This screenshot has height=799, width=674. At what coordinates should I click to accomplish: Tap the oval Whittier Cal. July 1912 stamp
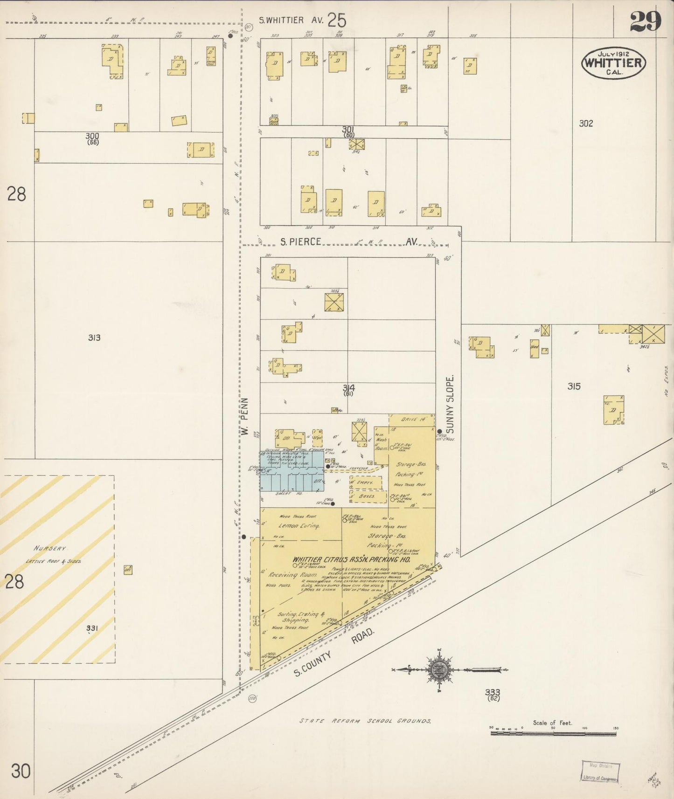(x=613, y=63)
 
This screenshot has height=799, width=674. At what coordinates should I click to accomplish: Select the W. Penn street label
(x=245, y=417)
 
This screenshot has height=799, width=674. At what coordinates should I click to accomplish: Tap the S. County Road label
(x=333, y=653)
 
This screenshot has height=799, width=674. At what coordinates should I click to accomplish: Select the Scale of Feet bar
(x=553, y=733)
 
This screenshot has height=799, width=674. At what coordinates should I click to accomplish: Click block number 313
(x=94, y=337)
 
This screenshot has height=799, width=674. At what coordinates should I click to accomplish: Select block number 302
(x=586, y=123)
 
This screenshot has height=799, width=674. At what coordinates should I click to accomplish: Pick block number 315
(x=574, y=386)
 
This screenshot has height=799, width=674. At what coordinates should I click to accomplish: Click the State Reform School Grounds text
(x=365, y=721)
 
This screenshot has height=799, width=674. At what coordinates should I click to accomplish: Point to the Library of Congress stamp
(x=600, y=771)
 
